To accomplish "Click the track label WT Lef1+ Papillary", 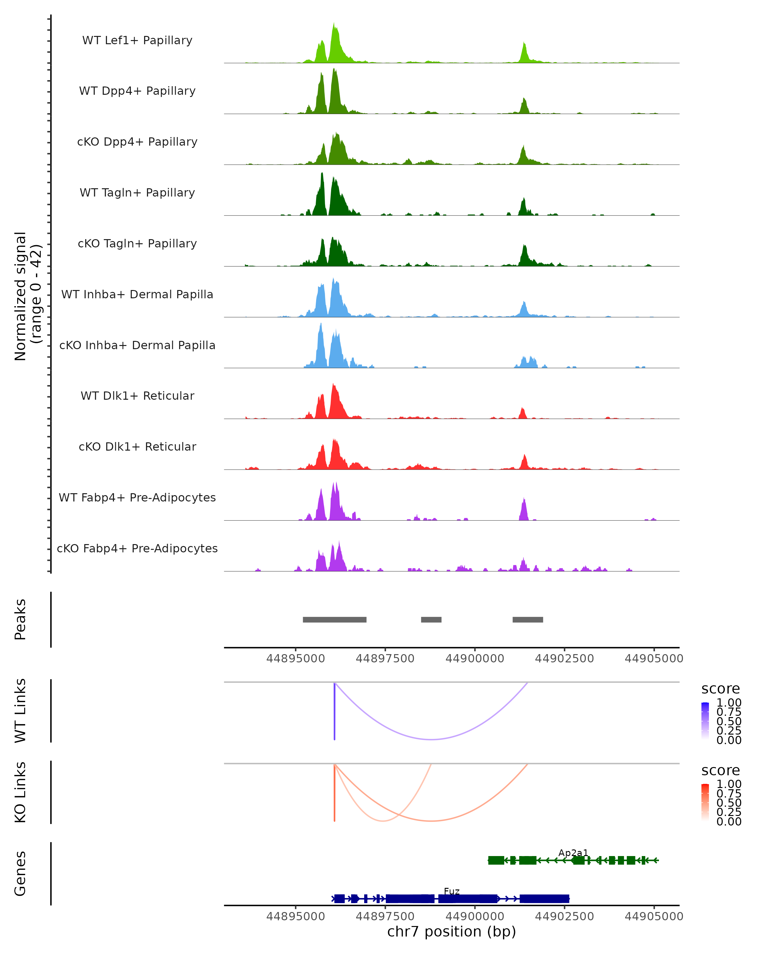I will (x=137, y=40).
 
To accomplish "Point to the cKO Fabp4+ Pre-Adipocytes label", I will (x=137, y=548).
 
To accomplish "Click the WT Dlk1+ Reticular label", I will (x=137, y=396).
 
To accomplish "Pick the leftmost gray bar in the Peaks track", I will (x=334, y=619).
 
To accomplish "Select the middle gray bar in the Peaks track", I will (x=431, y=619).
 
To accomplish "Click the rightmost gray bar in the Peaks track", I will (x=527, y=619).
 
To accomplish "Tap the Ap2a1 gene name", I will (x=573, y=853).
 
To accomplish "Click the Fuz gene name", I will (x=451, y=891).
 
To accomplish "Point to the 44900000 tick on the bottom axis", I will (x=475, y=916).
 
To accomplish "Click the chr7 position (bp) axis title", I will (x=451, y=931).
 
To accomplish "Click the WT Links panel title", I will (x=20, y=710).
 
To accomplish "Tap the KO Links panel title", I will (x=20, y=792).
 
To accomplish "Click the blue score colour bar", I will (x=705, y=720).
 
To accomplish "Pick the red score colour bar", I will (x=705, y=802).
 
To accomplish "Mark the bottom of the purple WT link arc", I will (x=431, y=739).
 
